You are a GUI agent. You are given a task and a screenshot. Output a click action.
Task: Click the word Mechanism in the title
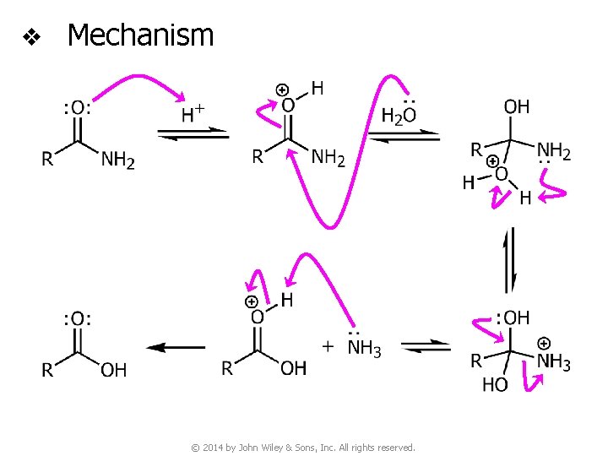coord(140,35)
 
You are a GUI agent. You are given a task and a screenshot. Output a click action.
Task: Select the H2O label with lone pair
coord(399,114)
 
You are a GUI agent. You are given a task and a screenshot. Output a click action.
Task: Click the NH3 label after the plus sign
coord(364,348)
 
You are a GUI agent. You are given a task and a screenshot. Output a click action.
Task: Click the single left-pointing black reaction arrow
coord(176,347)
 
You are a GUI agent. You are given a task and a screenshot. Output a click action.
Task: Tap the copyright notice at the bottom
coord(303,447)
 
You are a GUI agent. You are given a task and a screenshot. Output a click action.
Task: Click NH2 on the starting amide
coord(117,159)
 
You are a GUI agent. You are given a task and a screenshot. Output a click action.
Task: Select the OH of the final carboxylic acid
coord(113,369)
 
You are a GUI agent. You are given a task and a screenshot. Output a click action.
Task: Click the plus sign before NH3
coord(328,347)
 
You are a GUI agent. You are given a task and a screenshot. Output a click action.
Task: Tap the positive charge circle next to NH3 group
coord(544,343)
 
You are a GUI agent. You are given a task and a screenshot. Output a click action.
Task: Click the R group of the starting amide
coord(48,159)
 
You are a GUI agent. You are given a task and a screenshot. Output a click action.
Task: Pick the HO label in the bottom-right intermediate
coord(496,385)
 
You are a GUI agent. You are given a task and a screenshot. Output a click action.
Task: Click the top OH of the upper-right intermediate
coord(516,106)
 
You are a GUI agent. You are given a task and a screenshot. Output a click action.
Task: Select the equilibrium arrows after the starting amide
coord(193,134)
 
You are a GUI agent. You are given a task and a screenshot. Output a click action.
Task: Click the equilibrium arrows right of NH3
coord(426,347)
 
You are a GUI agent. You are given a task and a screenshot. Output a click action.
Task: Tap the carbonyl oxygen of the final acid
coord(77,318)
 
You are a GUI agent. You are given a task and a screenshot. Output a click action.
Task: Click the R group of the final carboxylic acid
coord(48,369)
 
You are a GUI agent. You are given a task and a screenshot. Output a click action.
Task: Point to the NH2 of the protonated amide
coord(328,157)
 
